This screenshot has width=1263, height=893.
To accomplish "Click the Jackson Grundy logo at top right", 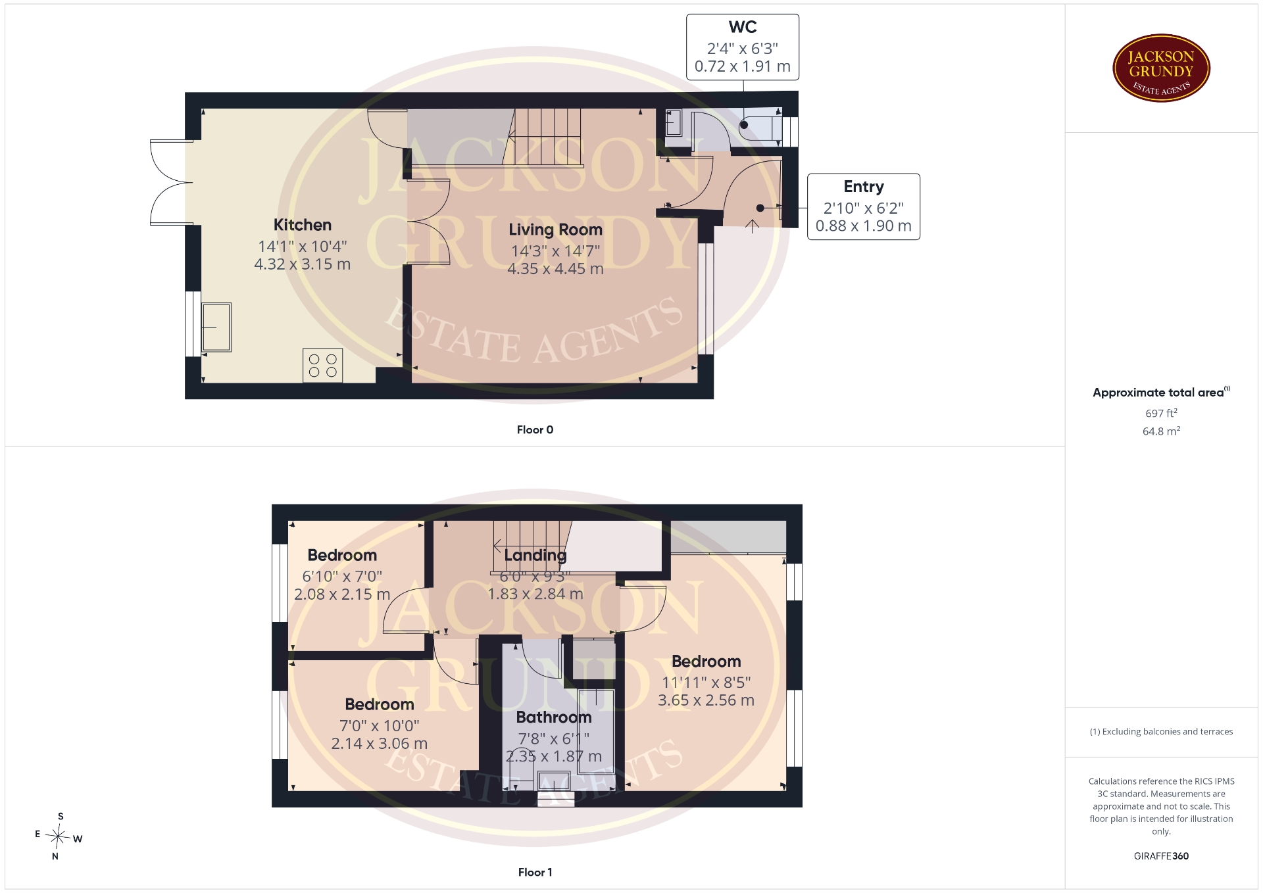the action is pyautogui.click(x=1161, y=68).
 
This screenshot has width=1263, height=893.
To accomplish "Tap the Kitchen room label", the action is pyautogui.click(x=303, y=225).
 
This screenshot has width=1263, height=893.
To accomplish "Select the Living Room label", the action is pyautogui.click(x=556, y=229).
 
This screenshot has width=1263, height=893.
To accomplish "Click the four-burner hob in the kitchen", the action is pyautogui.click(x=323, y=365).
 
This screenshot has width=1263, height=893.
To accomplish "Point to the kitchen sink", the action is pyautogui.click(x=216, y=327).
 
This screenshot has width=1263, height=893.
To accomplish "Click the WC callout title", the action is pyautogui.click(x=743, y=27).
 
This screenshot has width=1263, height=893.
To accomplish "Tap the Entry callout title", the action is pyautogui.click(x=864, y=187).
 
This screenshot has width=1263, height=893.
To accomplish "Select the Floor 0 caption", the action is pyautogui.click(x=535, y=429).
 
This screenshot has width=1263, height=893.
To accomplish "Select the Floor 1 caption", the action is pyautogui.click(x=535, y=872).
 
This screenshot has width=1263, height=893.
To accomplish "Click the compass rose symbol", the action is pyautogui.click(x=59, y=837).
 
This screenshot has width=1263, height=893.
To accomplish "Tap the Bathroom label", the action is pyautogui.click(x=554, y=717).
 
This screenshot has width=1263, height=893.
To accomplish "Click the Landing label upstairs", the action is pyautogui.click(x=535, y=556).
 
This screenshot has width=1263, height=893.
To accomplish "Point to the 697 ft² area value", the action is pyautogui.click(x=1161, y=413).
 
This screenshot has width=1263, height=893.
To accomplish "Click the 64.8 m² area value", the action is pyautogui.click(x=1161, y=431).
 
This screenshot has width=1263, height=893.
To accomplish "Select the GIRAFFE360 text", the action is pyautogui.click(x=1161, y=856).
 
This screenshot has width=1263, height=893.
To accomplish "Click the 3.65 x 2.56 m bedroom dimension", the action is pyautogui.click(x=706, y=700).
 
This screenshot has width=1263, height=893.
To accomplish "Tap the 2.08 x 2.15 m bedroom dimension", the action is pyautogui.click(x=342, y=594).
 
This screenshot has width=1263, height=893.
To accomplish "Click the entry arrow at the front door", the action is pyautogui.click(x=752, y=226).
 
